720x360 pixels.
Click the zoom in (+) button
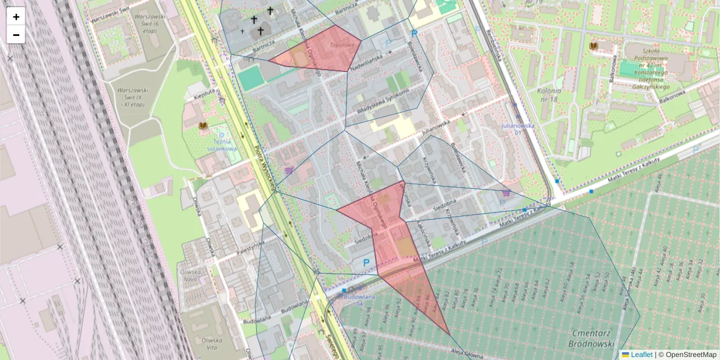(16, 17)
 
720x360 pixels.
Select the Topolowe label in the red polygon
(341, 45)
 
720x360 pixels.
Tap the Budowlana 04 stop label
(361, 299)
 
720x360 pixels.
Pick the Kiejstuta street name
(206, 92)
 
